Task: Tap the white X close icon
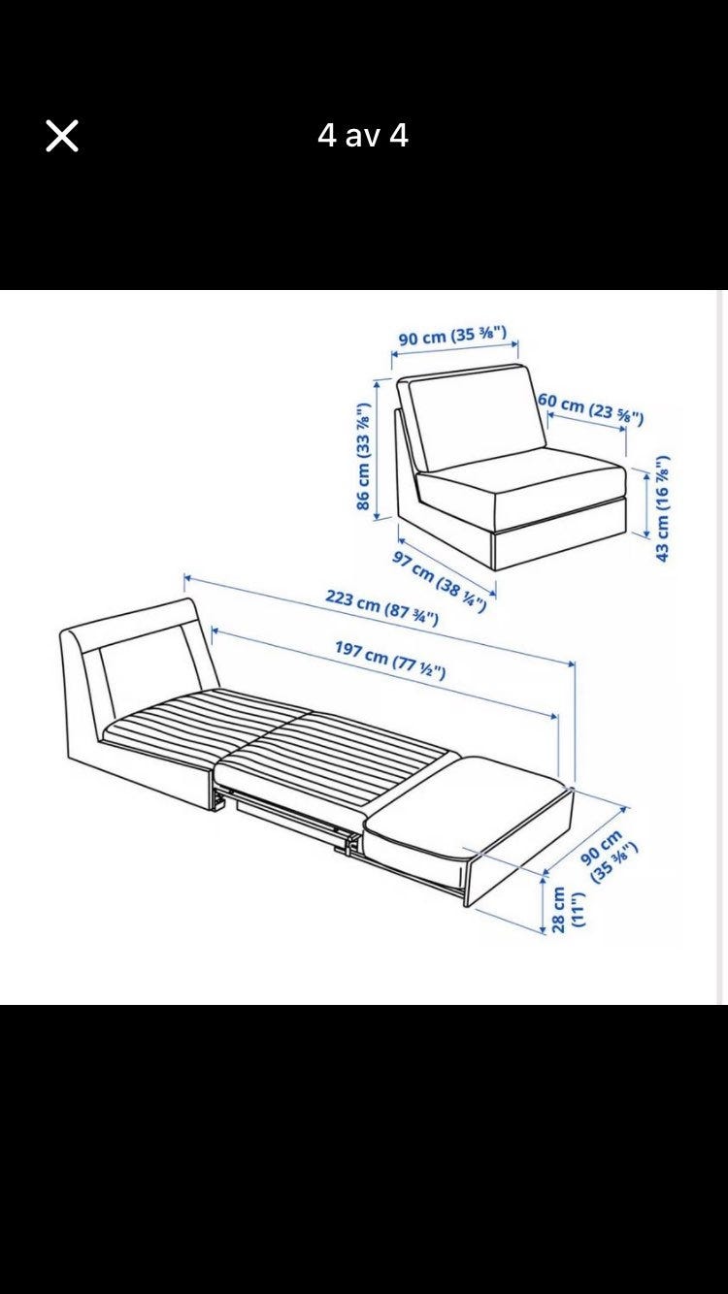(62, 136)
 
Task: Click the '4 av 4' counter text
(363, 136)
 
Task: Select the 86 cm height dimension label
(363, 456)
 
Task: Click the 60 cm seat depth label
(590, 407)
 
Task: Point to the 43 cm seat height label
(663, 507)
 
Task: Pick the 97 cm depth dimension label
(440, 581)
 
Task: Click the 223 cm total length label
(381, 607)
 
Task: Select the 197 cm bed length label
(390, 660)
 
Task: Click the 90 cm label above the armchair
(452, 336)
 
